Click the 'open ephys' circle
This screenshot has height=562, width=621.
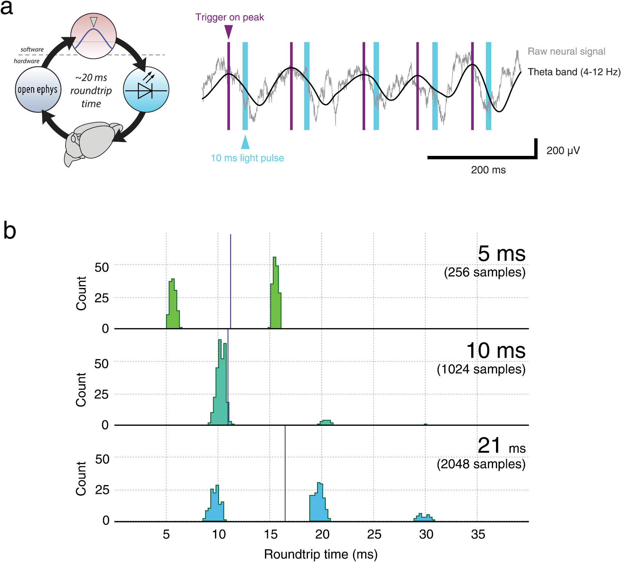click(x=38, y=90)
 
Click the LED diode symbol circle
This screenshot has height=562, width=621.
click(x=146, y=90)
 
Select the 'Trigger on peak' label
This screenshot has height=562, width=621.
click(x=229, y=17)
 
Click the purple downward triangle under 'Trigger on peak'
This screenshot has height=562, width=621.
click(x=229, y=31)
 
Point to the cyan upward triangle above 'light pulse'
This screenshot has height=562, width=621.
click(x=245, y=142)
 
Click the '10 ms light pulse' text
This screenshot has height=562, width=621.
click(x=247, y=158)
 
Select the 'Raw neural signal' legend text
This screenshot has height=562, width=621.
click(x=566, y=51)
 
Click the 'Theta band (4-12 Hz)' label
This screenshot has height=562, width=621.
click(x=574, y=72)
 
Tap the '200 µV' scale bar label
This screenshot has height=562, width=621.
click(x=563, y=150)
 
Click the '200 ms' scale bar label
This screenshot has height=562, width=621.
click(x=488, y=170)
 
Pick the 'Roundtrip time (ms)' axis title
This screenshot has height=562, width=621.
click(x=321, y=554)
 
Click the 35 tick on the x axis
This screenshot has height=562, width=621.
click(x=477, y=534)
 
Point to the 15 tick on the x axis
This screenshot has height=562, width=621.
click(x=270, y=534)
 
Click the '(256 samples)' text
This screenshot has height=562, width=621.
click(x=484, y=272)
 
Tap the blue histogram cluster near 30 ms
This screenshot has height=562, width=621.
click(x=424, y=517)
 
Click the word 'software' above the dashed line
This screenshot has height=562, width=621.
click(x=32, y=49)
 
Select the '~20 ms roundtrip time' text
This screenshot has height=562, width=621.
click(x=91, y=90)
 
